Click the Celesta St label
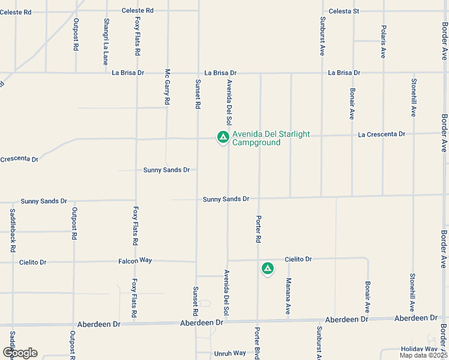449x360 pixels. pos(344,11)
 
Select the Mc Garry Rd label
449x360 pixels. pos(167,86)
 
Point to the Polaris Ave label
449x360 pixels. pos(383,41)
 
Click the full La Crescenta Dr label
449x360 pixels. pos(382,134)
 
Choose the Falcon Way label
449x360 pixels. pos(136,260)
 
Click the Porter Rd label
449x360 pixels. pos(259,229)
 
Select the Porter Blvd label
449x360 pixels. pos(258,344)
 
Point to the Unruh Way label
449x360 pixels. pos(230,353)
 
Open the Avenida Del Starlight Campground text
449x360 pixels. pos(256,139)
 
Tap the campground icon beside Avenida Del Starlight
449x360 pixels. pos(223,137)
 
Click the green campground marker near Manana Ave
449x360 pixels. pos(267,268)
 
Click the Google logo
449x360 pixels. pos(20,353)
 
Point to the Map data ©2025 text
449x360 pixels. pos(423,355)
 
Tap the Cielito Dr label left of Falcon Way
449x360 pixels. pos(32,262)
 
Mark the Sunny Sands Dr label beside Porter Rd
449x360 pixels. pos(226,199)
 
